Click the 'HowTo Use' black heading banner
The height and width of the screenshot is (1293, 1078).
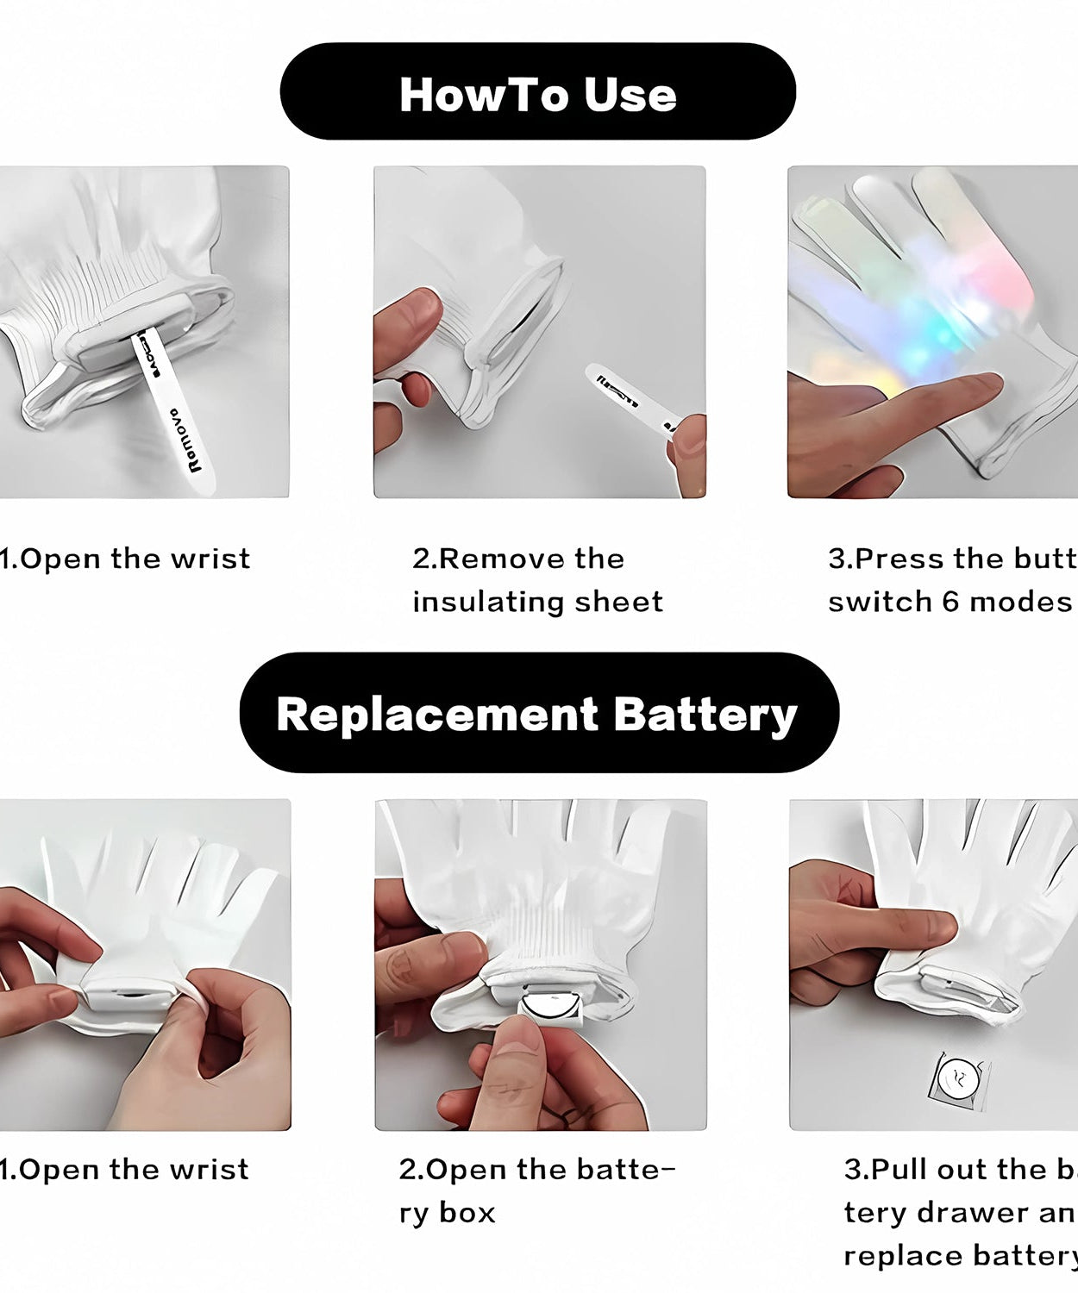(x=537, y=91)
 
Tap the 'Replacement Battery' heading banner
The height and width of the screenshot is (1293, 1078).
(x=538, y=713)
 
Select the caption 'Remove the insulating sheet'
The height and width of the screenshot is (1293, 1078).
(x=537, y=579)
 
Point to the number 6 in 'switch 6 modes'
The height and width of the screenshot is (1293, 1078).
(x=950, y=601)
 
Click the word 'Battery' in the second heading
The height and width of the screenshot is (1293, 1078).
(x=705, y=715)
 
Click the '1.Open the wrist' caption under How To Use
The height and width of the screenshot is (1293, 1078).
(x=125, y=559)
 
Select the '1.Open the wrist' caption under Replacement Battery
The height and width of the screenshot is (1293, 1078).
(x=125, y=1170)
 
